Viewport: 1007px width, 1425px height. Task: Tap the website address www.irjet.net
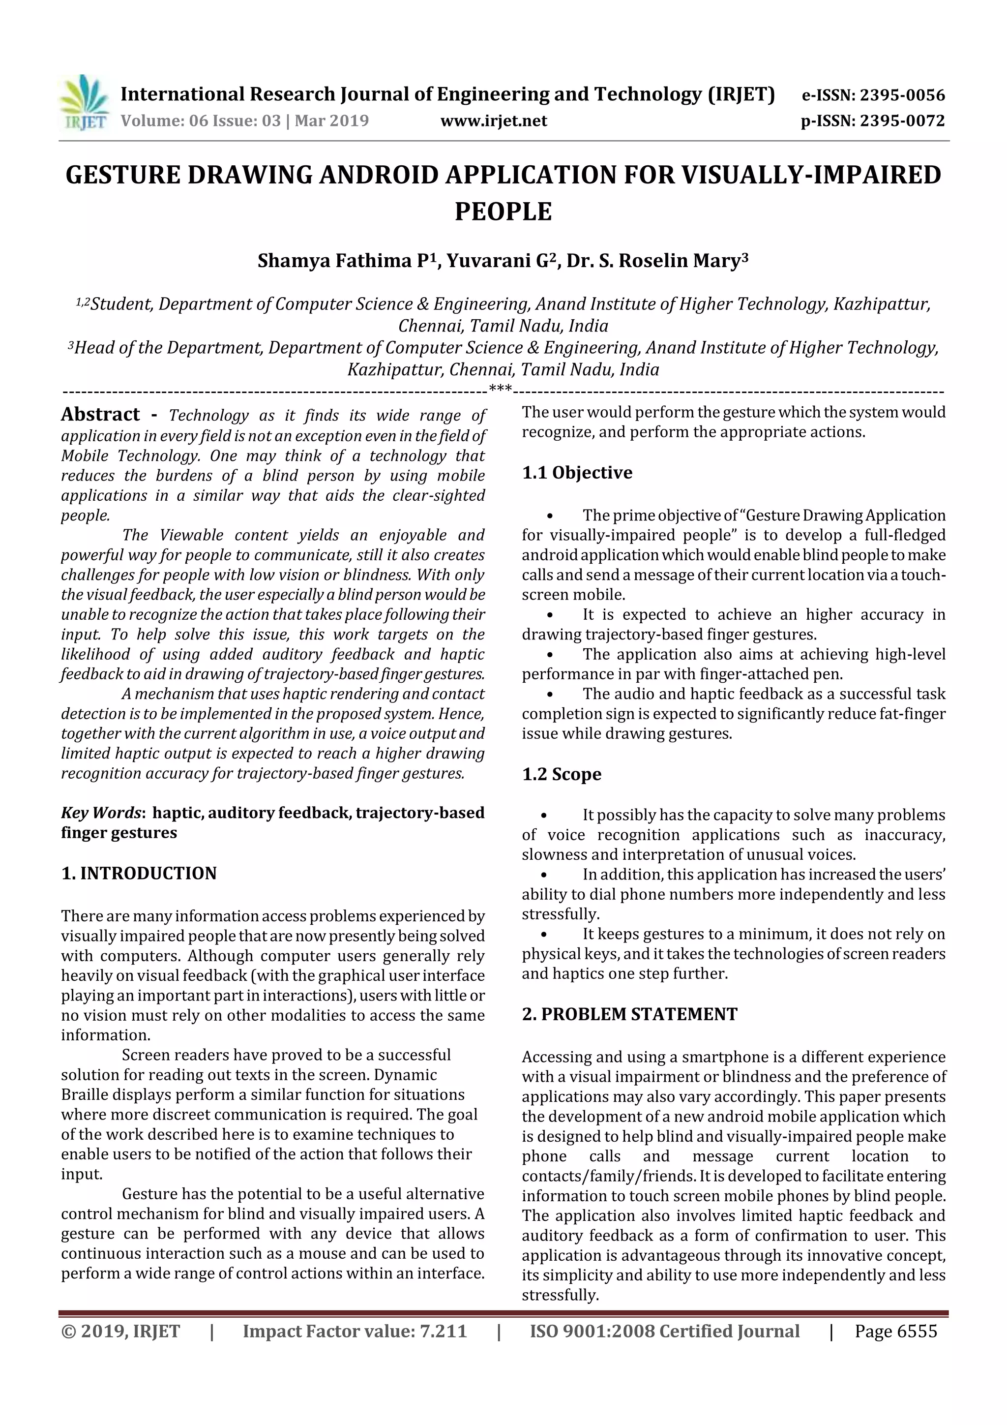coord(493,121)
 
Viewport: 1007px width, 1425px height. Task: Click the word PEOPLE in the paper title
coord(503,212)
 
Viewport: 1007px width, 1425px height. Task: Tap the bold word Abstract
coord(100,414)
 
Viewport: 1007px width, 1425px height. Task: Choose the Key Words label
coord(102,813)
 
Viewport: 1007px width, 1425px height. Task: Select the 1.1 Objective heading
coord(577,472)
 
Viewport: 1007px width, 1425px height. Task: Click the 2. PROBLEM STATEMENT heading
coord(629,1014)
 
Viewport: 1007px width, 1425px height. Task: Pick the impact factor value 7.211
coord(443,1331)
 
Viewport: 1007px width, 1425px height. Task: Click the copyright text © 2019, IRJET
coord(120,1331)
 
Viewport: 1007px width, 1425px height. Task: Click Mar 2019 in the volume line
coord(331,121)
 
